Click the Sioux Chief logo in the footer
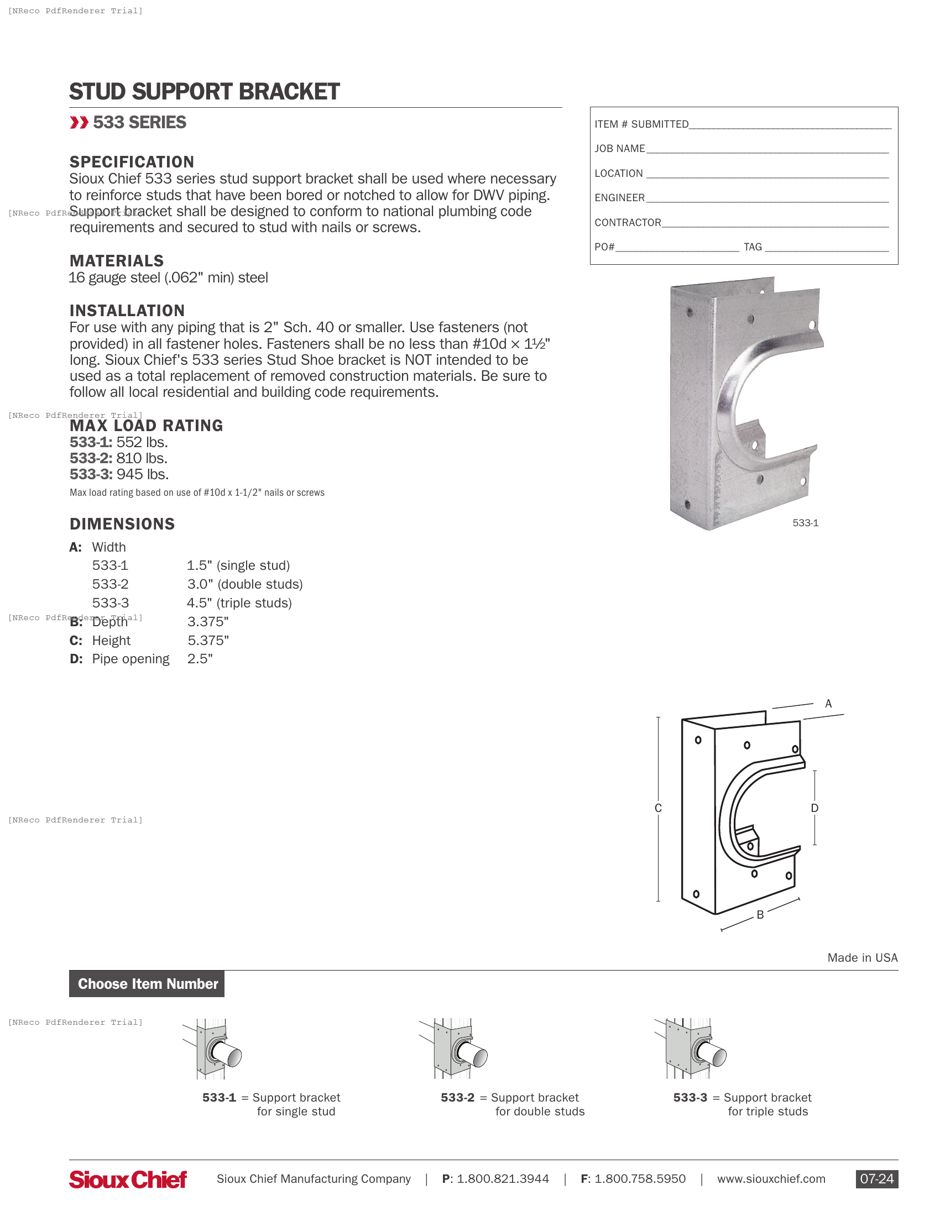(x=128, y=1180)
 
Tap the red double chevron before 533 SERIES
(x=79, y=123)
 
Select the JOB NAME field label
(x=619, y=149)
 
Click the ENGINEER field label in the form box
(x=619, y=198)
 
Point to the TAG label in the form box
(x=753, y=247)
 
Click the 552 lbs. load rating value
(x=142, y=442)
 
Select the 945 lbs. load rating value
(x=142, y=474)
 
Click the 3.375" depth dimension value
(x=208, y=621)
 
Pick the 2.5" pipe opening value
(x=200, y=659)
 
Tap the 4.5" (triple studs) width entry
(x=239, y=603)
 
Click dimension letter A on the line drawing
(x=828, y=704)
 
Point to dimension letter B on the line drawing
(x=760, y=915)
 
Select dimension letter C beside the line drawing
(x=657, y=808)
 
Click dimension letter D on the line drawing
(x=814, y=808)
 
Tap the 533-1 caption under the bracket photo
(x=805, y=523)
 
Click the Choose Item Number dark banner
(x=147, y=984)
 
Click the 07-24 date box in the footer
(x=876, y=1179)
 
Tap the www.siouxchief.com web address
(x=771, y=1179)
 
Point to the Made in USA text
(x=862, y=958)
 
